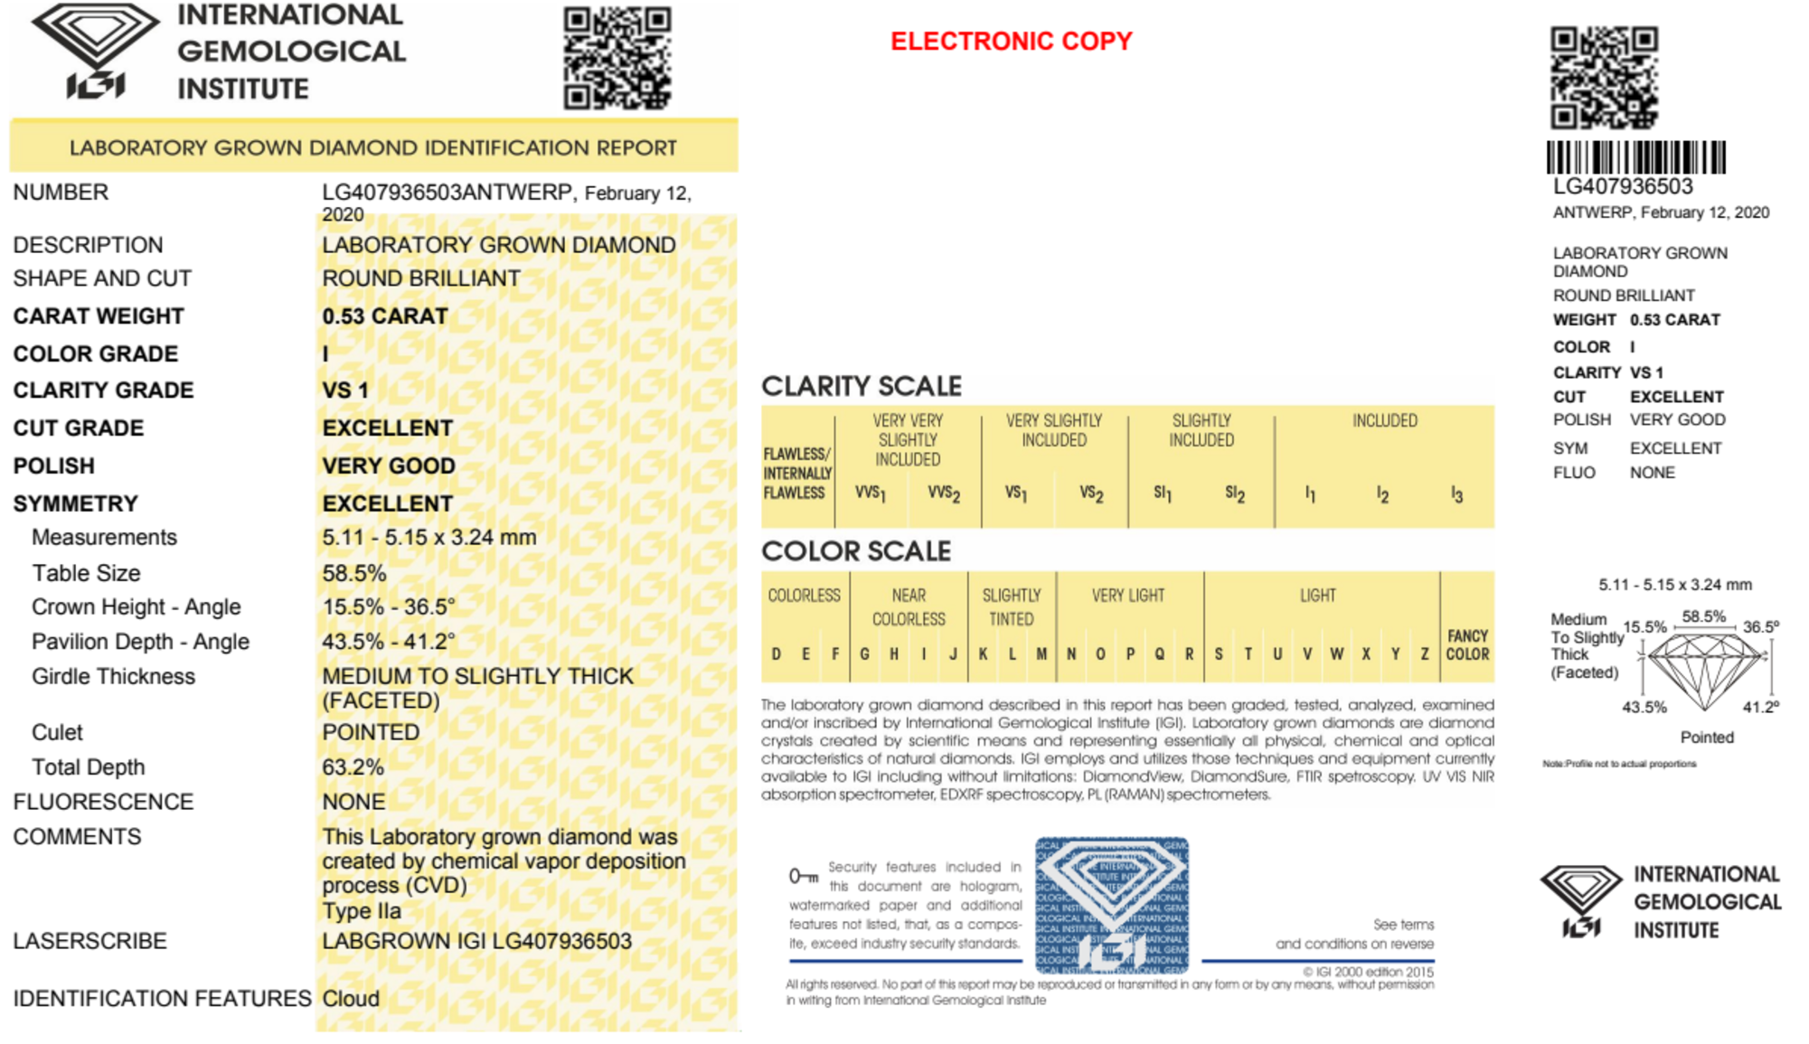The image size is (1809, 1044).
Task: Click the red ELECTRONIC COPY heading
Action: click(x=1011, y=42)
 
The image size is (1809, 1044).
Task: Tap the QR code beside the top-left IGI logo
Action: click(x=617, y=59)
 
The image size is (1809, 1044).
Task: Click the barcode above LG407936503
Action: click(x=1635, y=157)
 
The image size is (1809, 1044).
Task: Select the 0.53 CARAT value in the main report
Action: click(x=385, y=316)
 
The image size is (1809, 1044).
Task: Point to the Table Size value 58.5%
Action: click(x=353, y=573)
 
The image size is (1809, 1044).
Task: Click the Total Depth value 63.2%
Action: click(x=353, y=767)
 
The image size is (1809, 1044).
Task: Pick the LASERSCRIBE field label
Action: click(x=90, y=941)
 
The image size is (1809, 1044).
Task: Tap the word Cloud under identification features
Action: click(x=351, y=998)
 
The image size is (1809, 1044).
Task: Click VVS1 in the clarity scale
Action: click(x=870, y=494)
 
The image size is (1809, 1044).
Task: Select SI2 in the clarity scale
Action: click(x=1235, y=494)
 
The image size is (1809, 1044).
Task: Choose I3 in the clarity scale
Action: click(x=1456, y=494)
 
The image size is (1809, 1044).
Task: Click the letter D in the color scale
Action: click(x=776, y=654)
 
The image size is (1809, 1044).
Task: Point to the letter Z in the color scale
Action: click(x=1425, y=654)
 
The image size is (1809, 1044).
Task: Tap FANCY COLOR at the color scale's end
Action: click(x=1467, y=644)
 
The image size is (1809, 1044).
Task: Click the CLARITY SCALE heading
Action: click(x=861, y=386)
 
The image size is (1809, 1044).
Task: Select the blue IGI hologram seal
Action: click(x=1111, y=904)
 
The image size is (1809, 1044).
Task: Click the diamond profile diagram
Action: click(x=1702, y=670)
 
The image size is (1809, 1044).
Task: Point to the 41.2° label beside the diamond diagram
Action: click(x=1760, y=707)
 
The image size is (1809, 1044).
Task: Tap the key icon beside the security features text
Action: click(x=803, y=875)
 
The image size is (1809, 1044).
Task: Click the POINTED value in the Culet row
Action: click(x=371, y=732)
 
